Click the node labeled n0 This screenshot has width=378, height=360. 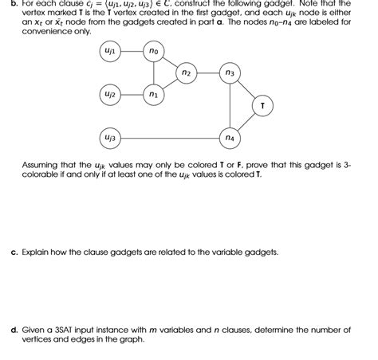tap(154, 52)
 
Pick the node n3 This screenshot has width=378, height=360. tap(230, 73)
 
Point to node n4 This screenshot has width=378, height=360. tap(230, 138)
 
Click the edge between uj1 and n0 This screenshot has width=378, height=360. tap(132, 52)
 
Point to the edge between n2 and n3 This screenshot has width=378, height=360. tap(207, 73)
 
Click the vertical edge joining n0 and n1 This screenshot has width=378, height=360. tap(154, 73)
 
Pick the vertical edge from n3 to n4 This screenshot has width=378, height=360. tap(230, 105)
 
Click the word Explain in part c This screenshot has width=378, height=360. tap(37, 251)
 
